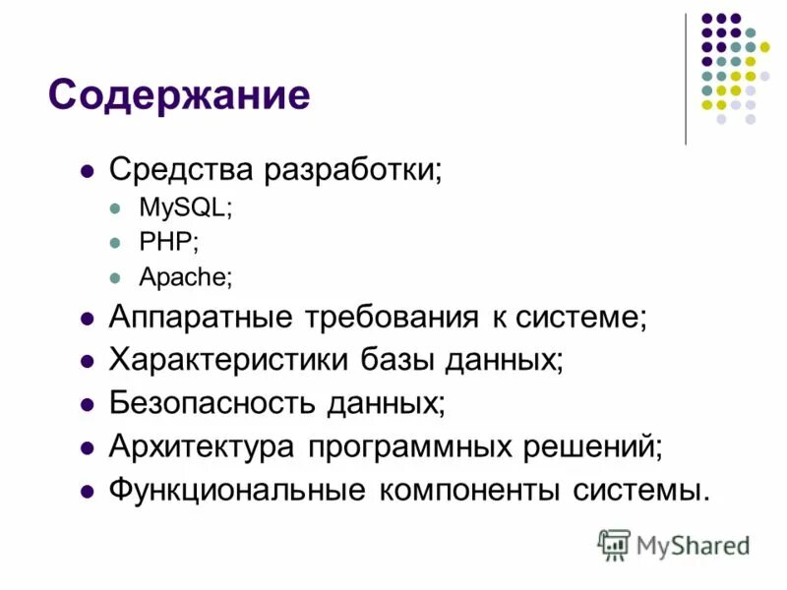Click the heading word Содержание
tap(179, 95)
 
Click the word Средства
tap(181, 169)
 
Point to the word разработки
tap(351, 169)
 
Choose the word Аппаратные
tap(202, 318)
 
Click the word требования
tap(394, 318)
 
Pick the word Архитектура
tap(202, 445)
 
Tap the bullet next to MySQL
tap(115, 209)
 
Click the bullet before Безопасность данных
tap(87, 403)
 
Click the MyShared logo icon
tap(614, 544)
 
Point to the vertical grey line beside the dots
tap(686, 79)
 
